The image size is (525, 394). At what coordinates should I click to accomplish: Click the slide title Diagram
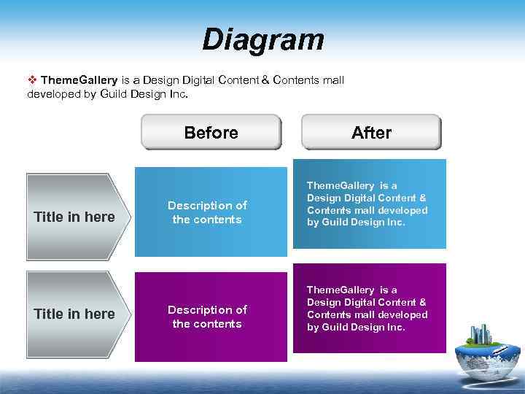click(262, 39)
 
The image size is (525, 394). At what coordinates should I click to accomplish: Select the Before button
click(211, 132)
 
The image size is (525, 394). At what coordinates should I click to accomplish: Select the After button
click(371, 132)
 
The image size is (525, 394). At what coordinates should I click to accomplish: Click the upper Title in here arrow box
click(77, 217)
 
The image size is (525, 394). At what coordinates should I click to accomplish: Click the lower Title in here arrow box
click(77, 314)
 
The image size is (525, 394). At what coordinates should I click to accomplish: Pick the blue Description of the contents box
click(211, 212)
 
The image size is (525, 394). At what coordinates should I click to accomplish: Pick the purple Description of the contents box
click(211, 316)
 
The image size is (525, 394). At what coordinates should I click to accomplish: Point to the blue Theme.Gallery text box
click(369, 204)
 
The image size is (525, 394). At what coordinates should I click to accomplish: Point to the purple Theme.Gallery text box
click(369, 309)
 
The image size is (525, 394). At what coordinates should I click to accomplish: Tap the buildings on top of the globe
click(482, 334)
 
